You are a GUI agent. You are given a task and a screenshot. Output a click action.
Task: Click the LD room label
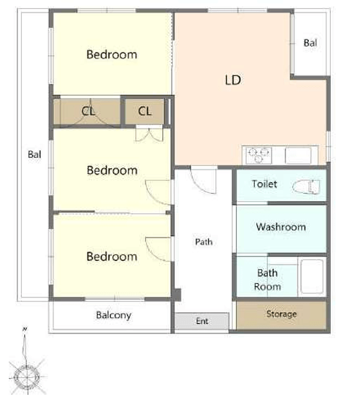pos(233,80)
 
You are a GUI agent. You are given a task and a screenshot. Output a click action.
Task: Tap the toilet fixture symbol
pos(306,187)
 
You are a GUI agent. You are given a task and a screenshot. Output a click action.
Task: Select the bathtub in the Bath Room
pos(312,276)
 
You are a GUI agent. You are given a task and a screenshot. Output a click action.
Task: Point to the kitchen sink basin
pos(298,156)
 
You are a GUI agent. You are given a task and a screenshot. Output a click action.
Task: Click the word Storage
pos(281,314)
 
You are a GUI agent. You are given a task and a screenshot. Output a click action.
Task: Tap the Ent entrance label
pos(202,321)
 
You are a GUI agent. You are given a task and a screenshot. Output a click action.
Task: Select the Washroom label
pos(281,227)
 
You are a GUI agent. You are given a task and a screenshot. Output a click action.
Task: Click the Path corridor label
pos(204,242)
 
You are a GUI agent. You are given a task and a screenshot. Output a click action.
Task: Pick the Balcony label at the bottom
pos(114,315)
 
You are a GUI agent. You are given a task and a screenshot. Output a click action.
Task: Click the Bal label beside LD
pos(310,43)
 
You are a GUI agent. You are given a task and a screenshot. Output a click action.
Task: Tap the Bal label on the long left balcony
pos(34,154)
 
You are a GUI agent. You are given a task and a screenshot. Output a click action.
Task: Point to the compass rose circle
pos(27,377)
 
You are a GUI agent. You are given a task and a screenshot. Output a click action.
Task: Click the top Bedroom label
pos(112,55)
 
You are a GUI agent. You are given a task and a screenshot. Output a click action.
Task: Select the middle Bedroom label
pos(112,170)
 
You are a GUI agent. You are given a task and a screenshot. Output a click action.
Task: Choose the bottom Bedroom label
pos(112,257)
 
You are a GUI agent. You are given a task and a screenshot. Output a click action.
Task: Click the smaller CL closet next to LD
pos(145,111)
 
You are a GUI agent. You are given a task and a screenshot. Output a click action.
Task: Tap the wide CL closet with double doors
pos(86,111)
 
